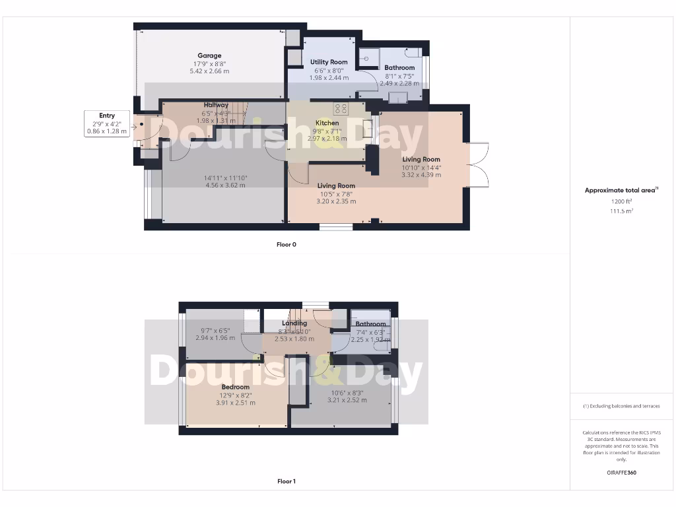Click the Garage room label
pyautogui.click(x=209, y=55)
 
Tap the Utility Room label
pyautogui.click(x=329, y=62)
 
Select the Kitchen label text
pyautogui.click(x=327, y=123)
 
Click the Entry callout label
pyautogui.click(x=107, y=116)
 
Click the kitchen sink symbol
pyautogui.click(x=367, y=128)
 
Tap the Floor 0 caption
pyautogui.click(x=287, y=244)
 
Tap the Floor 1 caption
pyautogui.click(x=287, y=481)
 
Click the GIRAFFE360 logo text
pyautogui.click(x=621, y=473)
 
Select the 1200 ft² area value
pyautogui.click(x=621, y=201)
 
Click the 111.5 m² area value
pyautogui.click(x=621, y=211)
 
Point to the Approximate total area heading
pyautogui.click(x=621, y=190)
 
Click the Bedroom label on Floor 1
pyautogui.click(x=236, y=387)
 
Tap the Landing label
pyautogui.click(x=294, y=323)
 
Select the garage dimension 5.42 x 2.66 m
pyautogui.click(x=209, y=71)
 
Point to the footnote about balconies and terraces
pyautogui.click(x=621, y=406)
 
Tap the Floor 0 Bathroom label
pyautogui.click(x=399, y=67)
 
